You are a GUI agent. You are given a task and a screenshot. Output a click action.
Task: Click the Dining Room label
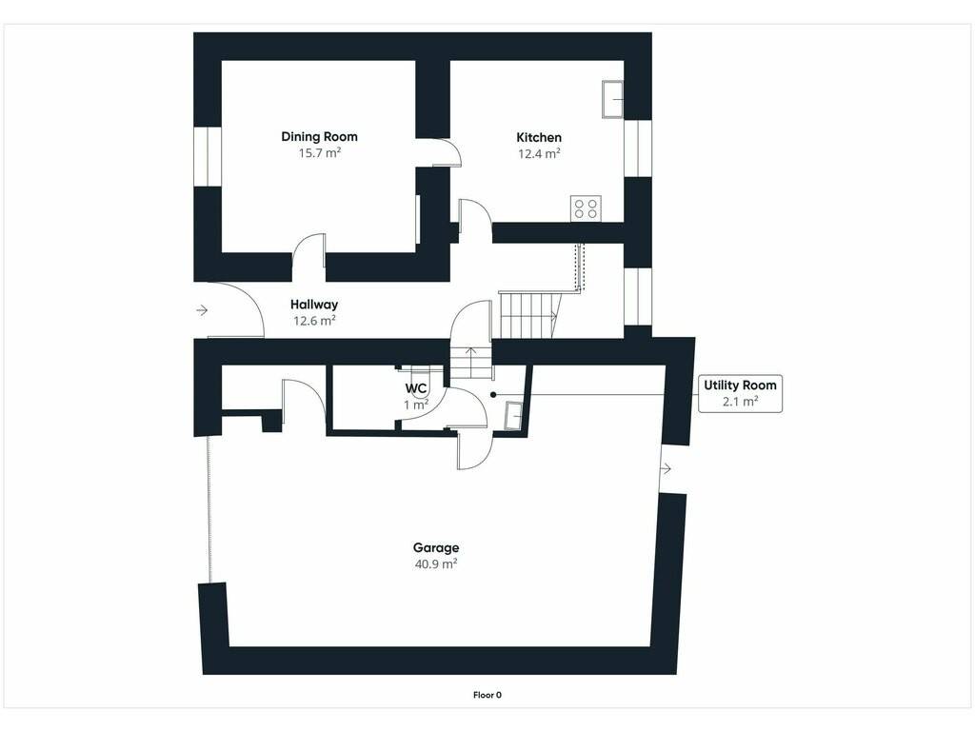point(319,137)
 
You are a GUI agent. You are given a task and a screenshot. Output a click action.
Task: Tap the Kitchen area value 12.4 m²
point(539,153)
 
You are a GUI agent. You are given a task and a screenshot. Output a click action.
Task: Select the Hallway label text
point(314,305)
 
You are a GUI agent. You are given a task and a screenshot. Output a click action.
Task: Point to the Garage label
point(436,547)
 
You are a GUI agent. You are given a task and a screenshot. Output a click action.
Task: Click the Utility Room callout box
point(740,393)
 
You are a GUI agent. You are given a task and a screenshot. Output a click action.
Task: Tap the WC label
point(416,389)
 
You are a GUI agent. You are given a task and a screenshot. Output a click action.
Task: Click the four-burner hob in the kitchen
point(586,208)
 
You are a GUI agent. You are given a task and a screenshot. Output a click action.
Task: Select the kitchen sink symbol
point(612,99)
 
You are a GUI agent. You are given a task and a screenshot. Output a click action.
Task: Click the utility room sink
point(514,415)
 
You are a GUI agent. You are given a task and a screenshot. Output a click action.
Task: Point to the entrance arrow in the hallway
point(202,309)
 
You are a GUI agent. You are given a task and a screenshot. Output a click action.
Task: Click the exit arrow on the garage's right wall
point(666,468)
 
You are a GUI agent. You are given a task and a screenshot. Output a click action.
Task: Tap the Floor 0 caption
point(487,695)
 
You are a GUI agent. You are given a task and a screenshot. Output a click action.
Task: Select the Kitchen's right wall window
point(638,148)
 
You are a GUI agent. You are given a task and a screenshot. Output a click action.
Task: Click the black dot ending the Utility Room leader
point(494,394)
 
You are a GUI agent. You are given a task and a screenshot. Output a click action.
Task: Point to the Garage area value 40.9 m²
point(436,563)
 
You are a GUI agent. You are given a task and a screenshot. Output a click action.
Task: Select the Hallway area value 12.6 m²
point(314,321)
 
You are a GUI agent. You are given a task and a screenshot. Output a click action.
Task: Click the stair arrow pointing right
point(552,316)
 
